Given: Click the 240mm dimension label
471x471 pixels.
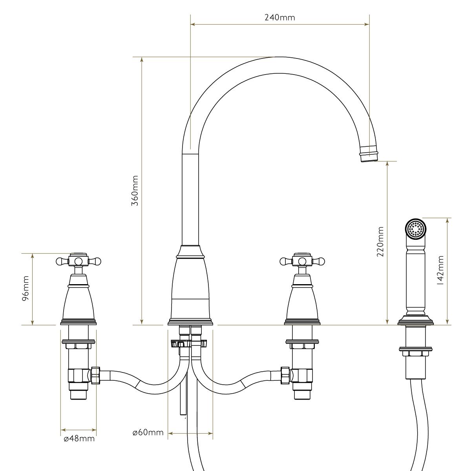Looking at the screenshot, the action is point(279,18).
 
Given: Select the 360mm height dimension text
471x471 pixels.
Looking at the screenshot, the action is point(135,191).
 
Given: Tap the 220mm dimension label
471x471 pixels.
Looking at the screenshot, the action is point(380,241).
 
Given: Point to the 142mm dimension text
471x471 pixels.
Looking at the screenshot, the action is point(440,270).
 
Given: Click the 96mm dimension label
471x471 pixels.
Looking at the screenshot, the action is point(25,288).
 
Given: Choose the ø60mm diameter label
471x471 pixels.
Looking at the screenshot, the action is point(148,433).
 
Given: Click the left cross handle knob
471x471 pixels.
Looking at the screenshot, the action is point(78,261).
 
